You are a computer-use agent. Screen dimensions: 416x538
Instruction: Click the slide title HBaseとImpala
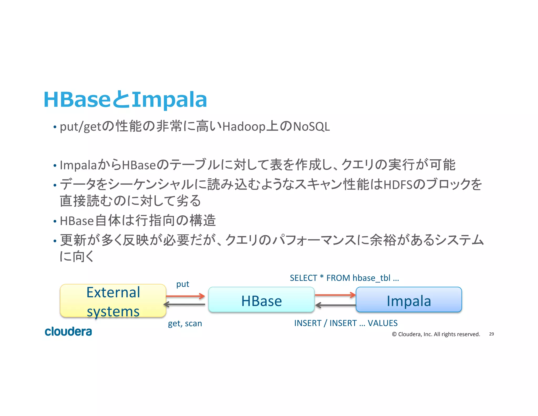point(125,100)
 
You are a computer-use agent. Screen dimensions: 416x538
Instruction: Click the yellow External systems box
point(113,301)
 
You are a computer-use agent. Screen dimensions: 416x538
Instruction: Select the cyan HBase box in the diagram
point(261,300)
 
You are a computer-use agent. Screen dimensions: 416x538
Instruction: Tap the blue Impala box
point(408,300)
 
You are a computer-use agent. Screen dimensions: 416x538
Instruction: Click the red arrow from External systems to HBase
point(185,296)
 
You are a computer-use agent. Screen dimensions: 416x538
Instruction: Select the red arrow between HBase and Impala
point(335,295)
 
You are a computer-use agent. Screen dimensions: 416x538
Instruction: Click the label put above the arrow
point(183,284)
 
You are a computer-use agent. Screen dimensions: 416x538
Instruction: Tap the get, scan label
point(185,323)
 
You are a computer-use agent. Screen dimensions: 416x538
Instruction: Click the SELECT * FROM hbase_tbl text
point(344,278)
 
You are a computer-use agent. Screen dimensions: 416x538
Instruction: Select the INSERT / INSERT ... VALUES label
point(346,323)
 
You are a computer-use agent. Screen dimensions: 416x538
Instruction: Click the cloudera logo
point(68,332)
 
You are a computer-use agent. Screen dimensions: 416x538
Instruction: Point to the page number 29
point(491,334)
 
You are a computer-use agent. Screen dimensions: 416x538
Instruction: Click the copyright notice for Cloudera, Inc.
point(436,334)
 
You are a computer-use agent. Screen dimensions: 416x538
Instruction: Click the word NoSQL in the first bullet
point(311,127)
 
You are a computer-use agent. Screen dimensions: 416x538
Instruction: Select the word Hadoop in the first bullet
point(244,127)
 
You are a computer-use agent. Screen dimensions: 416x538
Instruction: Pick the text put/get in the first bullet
point(80,127)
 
